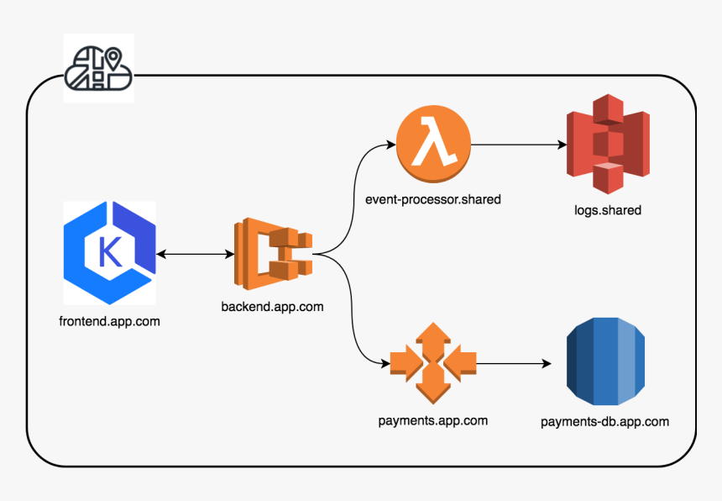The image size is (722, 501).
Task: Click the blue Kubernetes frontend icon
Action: coord(110,252)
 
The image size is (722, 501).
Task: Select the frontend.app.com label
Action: coord(110,321)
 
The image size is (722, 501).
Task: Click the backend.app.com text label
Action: coord(272,307)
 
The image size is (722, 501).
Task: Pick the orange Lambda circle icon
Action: coord(434,145)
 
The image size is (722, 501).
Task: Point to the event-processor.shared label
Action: coord(433,199)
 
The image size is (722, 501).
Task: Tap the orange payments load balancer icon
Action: coord(433,363)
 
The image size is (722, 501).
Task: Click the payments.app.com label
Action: coord(433,420)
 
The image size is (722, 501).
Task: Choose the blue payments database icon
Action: coord(605,359)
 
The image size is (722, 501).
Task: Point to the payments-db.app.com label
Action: coord(604,421)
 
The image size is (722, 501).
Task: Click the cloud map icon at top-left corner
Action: coord(98,68)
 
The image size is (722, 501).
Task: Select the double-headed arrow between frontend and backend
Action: coord(194,253)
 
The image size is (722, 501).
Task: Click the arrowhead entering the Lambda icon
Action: coord(390,145)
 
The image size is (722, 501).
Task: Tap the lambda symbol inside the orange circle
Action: coord(434,144)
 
